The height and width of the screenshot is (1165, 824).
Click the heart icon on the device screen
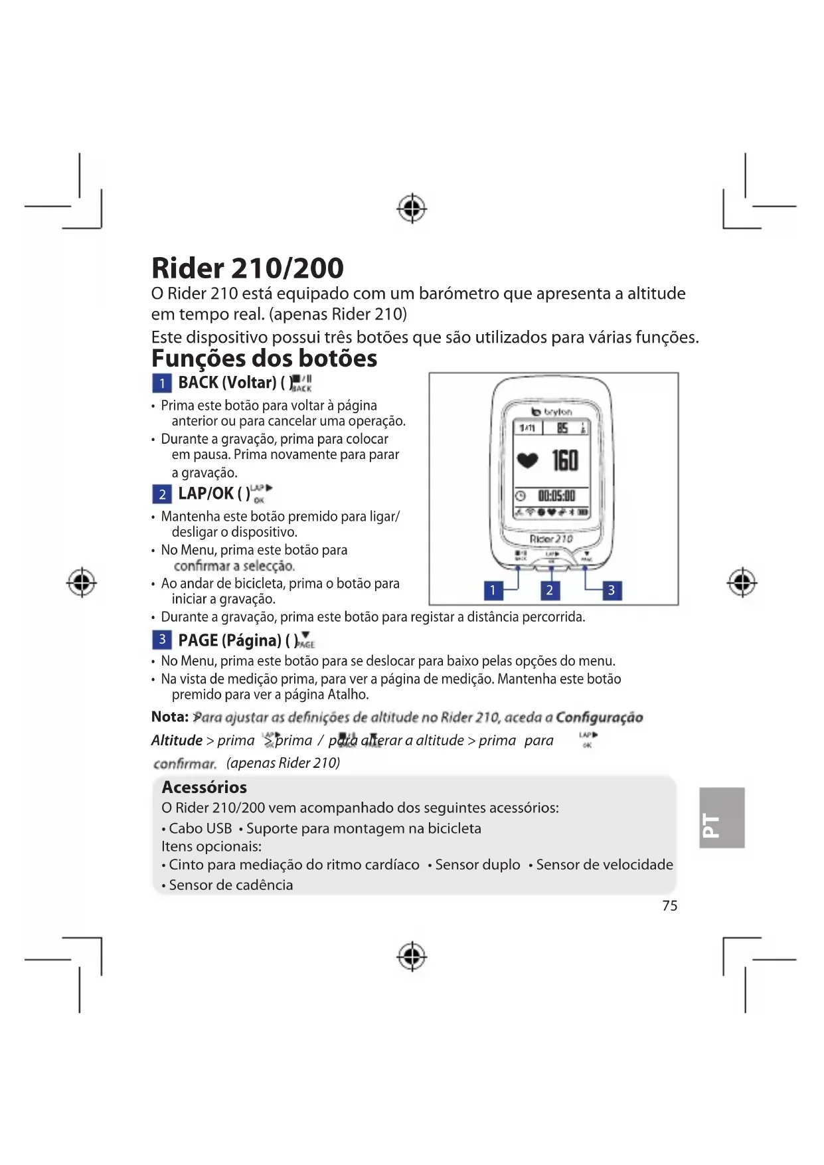pyautogui.click(x=527, y=460)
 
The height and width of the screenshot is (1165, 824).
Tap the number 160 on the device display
pyautogui.click(x=565, y=460)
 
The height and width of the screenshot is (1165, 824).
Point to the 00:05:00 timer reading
pyautogui.click(x=556, y=495)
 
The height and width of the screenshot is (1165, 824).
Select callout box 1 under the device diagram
pyautogui.click(x=493, y=590)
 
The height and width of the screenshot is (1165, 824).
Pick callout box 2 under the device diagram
pyautogui.click(x=549, y=590)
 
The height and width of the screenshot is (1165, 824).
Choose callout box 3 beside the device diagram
pyautogui.click(x=612, y=590)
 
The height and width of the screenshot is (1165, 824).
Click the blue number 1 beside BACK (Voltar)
pyautogui.click(x=162, y=383)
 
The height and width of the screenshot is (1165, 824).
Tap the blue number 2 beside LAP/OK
pyautogui.click(x=162, y=494)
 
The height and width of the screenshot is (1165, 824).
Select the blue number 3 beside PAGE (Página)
pyautogui.click(x=162, y=640)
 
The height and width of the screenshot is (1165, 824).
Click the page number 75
pyautogui.click(x=669, y=905)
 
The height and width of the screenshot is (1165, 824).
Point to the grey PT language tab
pyautogui.click(x=721, y=818)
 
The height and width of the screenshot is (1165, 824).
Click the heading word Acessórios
pyautogui.click(x=205, y=787)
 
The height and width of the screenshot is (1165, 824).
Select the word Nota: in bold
pyautogui.click(x=170, y=717)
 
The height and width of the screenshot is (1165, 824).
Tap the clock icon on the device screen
pyautogui.click(x=521, y=496)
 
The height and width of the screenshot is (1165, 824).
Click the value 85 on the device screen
pyautogui.click(x=562, y=428)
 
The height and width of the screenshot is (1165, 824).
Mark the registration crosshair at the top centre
pyautogui.click(x=412, y=209)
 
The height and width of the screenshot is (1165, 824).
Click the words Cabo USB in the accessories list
pyautogui.click(x=200, y=828)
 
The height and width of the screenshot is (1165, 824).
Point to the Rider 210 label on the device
pyautogui.click(x=551, y=539)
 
